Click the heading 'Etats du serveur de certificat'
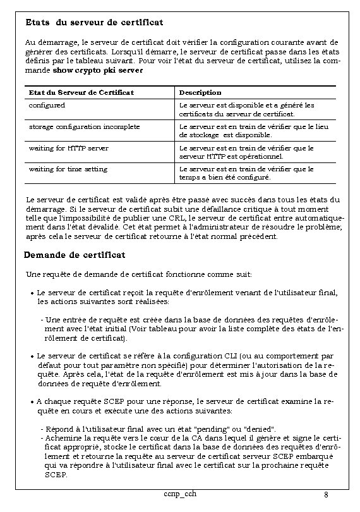tap(94, 22)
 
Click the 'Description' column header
tap(200, 93)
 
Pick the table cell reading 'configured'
tap(47, 105)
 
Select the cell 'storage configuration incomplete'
tap(84, 126)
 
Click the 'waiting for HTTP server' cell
tap(68, 148)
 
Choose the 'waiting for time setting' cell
tap(68, 169)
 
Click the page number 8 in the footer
tap(325, 494)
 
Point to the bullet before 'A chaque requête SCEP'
tap(32, 401)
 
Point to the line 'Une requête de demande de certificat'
tap(138, 274)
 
